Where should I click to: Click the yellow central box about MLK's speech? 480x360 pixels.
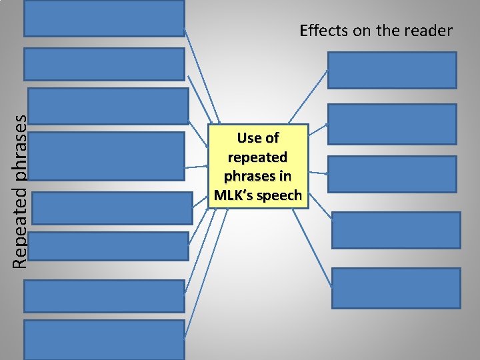coord(258,167)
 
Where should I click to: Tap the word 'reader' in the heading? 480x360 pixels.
coord(430,31)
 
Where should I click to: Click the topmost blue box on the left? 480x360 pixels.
coord(104,18)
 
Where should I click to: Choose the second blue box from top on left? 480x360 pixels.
coord(104,64)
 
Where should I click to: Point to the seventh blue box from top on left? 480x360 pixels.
coord(104,295)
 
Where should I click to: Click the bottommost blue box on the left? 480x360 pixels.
coord(104,339)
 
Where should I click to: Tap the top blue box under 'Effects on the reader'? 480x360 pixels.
coord(392,70)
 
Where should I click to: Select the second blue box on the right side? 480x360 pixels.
coord(392,124)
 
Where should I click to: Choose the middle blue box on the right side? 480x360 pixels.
coord(392,174)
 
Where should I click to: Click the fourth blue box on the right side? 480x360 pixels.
coord(396,230)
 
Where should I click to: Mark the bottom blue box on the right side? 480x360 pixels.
coord(396,288)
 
